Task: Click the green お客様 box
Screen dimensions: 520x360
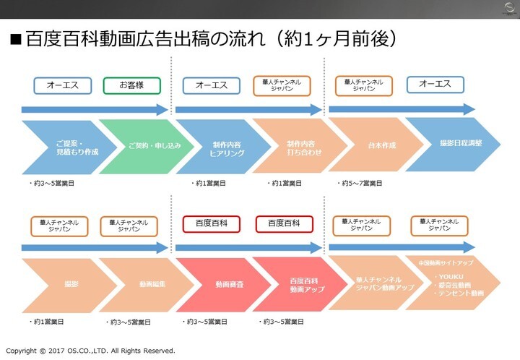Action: pos(131,85)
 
